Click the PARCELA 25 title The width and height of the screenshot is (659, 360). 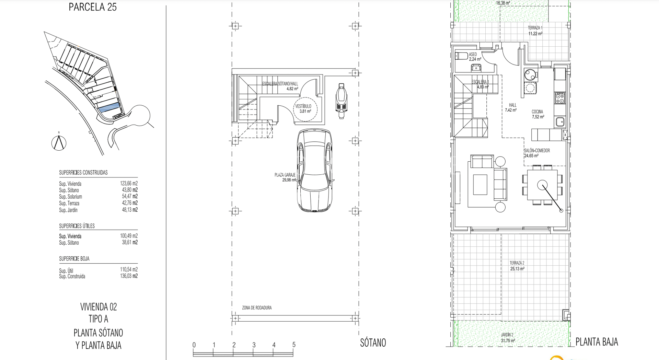(93, 7)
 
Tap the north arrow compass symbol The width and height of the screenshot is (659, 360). (59, 142)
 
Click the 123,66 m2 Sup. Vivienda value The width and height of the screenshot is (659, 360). (129, 183)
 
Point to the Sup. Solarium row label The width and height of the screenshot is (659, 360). (70, 197)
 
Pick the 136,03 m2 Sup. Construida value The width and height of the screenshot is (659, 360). (129, 276)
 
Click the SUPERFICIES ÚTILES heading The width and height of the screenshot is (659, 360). (77, 226)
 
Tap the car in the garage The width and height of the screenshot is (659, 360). (314, 171)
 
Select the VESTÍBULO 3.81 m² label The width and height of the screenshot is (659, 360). (303, 109)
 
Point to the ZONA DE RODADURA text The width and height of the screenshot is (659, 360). (257, 308)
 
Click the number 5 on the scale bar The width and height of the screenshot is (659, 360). (294, 345)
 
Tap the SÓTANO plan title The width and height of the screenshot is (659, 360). (373, 342)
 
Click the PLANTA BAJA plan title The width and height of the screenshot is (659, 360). (597, 342)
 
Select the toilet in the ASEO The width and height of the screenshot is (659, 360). (461, 56)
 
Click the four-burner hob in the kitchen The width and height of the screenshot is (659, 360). (559, 98)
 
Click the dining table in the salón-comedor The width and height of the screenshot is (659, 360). (542, 185)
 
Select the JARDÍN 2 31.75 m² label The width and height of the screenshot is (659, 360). (508, 338)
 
